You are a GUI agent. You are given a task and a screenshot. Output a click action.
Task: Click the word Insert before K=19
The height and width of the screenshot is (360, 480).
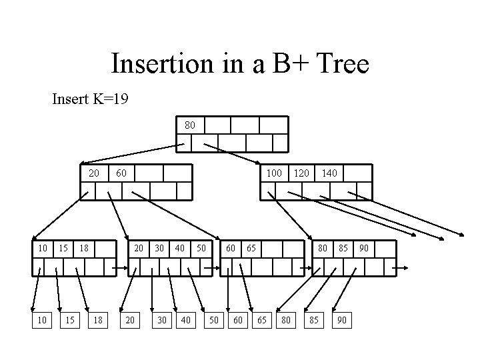tap(69, 100)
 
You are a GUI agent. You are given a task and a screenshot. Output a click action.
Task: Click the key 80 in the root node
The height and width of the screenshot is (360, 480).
tap(189, 125)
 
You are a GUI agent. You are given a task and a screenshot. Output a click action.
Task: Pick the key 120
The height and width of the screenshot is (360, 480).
tap(302, 173)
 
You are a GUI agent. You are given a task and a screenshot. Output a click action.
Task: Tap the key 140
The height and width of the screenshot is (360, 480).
tap(329, 173)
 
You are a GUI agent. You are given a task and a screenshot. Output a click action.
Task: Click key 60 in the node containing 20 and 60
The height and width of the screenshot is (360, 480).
tap(121, 173)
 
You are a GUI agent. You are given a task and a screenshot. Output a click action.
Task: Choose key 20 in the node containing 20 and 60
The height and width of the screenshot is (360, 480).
tap(95, 173)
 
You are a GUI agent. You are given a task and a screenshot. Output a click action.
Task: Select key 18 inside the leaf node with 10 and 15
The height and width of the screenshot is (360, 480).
tap(84, 248)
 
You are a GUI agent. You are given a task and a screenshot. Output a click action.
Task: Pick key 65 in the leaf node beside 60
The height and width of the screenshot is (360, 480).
tap(251, 248)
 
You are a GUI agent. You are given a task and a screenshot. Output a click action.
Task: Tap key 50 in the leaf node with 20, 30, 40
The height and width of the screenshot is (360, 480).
tap(200, 248)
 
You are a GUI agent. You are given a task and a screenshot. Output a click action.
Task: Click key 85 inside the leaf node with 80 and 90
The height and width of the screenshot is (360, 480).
tap(343, 248)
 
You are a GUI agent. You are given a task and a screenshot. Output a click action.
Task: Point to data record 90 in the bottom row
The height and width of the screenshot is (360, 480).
tap(341, 321)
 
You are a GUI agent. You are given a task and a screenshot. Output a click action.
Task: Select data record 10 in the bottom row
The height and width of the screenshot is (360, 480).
tap(42, 321)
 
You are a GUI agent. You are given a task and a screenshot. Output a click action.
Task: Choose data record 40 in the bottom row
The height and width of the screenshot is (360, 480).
tap(186, 321)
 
